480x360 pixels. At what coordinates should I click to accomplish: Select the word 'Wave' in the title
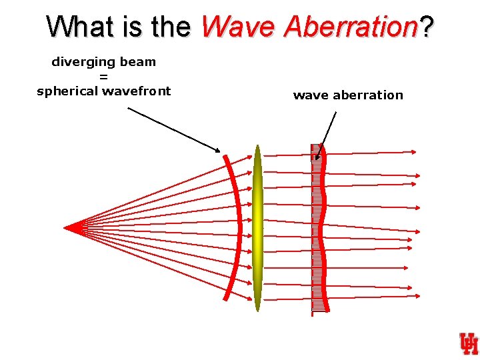click(238, 27)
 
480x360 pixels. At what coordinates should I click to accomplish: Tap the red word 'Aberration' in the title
click(349, 27)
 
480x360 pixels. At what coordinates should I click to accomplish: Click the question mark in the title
click(426, 27)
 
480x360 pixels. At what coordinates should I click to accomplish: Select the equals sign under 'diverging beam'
click(103, 77)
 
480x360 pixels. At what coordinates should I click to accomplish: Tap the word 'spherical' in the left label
click(67, 91)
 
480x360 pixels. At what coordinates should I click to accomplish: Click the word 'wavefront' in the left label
click(137, 91)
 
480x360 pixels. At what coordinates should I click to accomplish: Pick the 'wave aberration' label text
click(348, 95)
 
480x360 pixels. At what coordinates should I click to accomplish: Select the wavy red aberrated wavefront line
click(323, 227)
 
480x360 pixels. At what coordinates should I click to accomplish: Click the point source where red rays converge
click(66, 227)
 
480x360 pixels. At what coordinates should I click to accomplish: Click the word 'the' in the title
click(172, 27)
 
